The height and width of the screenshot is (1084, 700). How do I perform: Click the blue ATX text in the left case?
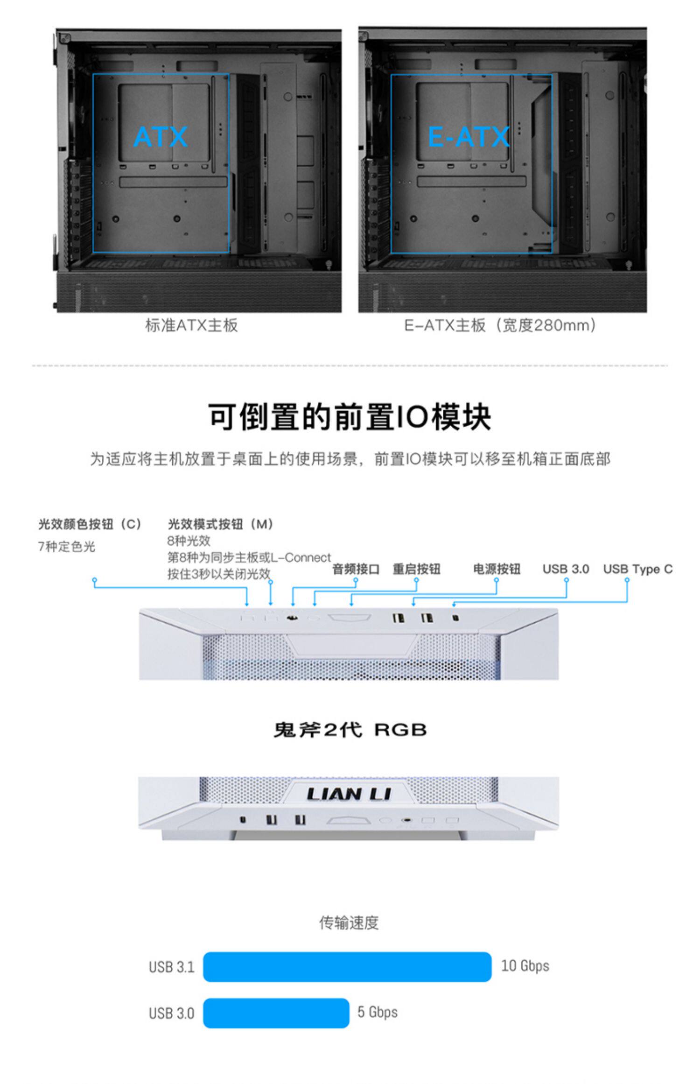160,137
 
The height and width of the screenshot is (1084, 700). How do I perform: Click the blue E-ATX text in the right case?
468,137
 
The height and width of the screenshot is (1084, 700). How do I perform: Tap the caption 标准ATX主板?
191,325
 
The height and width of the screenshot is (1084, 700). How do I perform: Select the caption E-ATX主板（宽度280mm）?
500,325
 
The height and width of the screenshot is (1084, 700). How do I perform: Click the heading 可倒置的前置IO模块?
350,417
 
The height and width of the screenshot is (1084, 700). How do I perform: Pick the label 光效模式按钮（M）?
221,524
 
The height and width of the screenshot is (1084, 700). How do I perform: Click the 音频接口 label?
356,569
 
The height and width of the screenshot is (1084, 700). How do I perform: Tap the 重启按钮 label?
416,569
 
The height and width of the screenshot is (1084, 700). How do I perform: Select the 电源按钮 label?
497,569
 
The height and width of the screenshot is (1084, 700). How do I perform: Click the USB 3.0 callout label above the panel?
566,569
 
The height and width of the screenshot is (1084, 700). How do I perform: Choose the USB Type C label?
637,569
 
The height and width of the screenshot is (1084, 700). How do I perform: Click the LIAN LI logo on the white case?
349,794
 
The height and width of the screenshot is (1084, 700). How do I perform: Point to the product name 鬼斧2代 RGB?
350,730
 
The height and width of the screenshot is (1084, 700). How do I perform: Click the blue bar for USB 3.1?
347,966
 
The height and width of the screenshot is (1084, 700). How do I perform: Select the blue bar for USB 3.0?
276,1013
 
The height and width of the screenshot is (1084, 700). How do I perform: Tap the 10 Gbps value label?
525,965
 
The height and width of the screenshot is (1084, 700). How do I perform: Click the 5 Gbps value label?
378,1012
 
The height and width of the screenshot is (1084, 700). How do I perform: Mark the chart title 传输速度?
349,922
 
